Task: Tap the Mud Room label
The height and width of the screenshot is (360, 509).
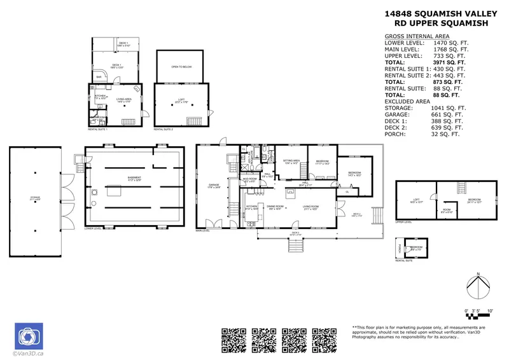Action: click(x=248, y=181)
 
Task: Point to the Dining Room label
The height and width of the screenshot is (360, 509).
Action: click(x=274, y=207)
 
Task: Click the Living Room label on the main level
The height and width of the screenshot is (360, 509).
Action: click(x=310, y=207)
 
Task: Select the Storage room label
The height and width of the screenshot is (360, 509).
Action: click(x=34, y=198)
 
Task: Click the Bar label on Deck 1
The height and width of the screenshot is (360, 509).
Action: click(x=99, y=78)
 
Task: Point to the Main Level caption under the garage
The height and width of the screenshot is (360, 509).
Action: click(x=203, y=231)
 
